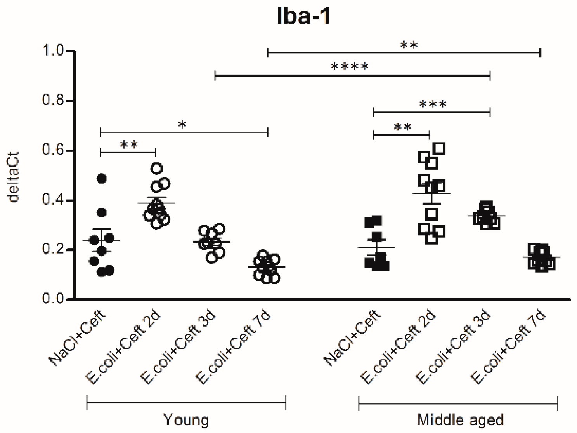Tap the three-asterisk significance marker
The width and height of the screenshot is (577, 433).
(x=433, y=105)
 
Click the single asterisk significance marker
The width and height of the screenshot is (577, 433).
(x=182, y=125)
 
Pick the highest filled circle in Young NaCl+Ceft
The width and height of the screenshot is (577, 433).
(x=102, y=179)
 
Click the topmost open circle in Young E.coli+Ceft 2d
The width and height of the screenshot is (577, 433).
(x=157, y=168)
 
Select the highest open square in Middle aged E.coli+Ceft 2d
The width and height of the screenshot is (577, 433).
(x=439, y=148)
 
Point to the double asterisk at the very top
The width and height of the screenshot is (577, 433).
(x=409, y=45)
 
